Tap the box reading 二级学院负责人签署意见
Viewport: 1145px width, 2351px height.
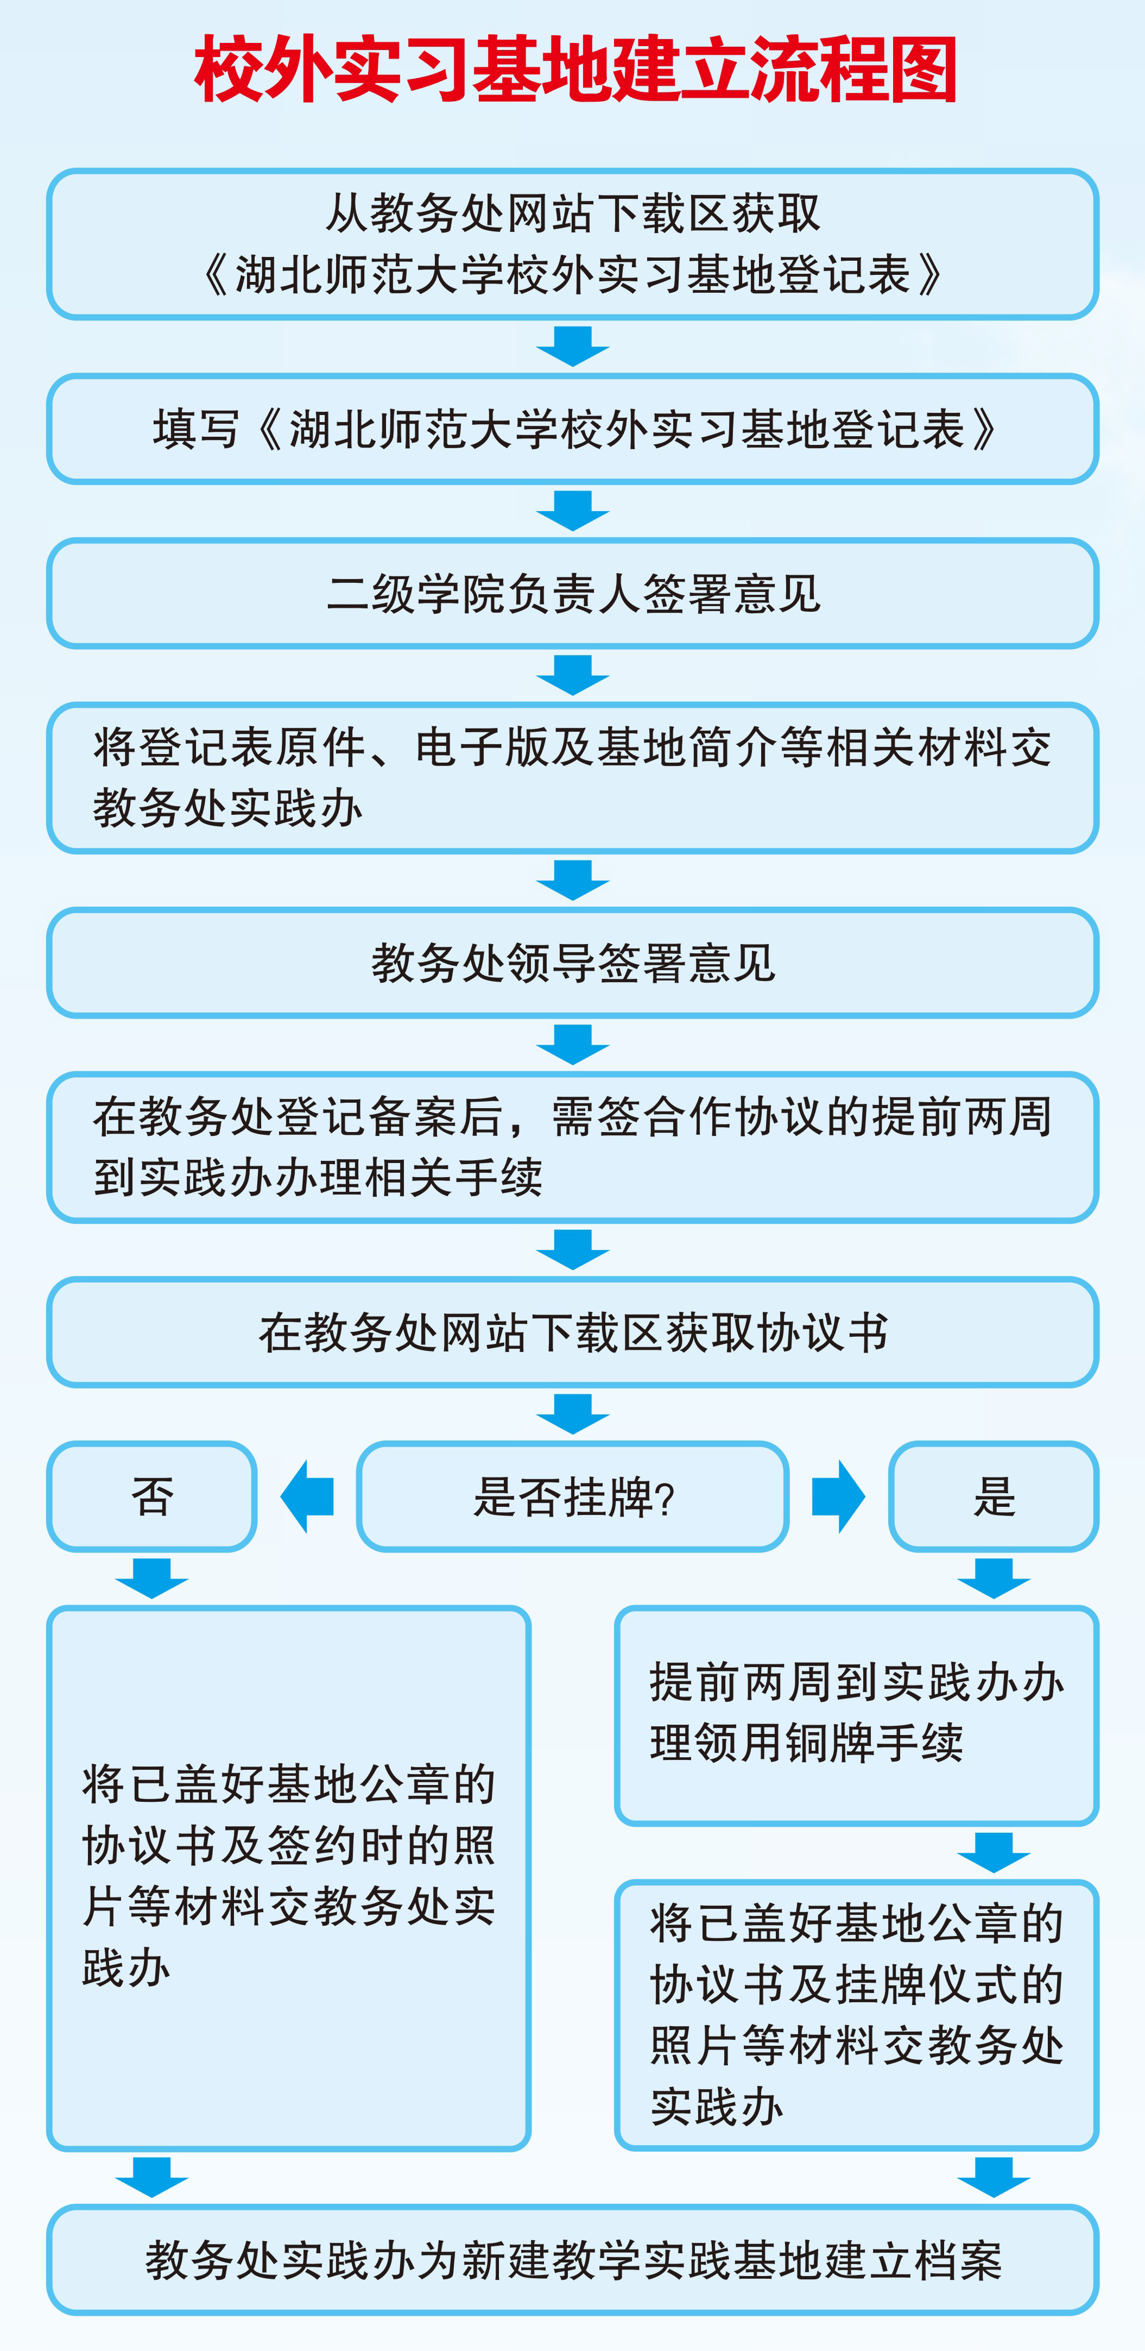coord(572,593)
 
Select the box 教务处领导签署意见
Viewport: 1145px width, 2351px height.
coord(572,963)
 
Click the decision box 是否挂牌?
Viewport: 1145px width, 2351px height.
coord(572,1497)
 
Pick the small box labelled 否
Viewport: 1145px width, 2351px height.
coord(151,1497)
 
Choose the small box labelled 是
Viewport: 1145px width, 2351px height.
coord(994,1497)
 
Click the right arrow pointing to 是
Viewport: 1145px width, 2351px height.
coord(838,1497)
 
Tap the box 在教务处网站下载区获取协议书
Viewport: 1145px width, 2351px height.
coord(572,1332)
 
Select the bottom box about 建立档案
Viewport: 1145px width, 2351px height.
coord(572,2260)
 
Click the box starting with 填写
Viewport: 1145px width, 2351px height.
coord(572,429)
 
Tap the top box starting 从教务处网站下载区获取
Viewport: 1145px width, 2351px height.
coord(572,244)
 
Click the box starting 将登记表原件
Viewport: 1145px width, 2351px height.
coord(572,777)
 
